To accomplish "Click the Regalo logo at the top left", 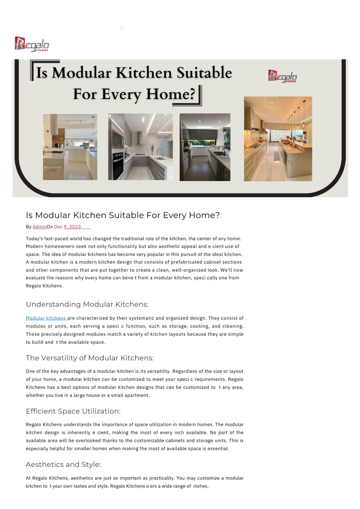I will tap(32, 44).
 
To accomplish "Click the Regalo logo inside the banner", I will tap(282, 76).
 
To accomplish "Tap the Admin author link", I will tap(40, 227).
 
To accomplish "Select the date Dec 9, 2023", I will tap(68, 227).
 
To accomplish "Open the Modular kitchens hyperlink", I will tap(46, 318).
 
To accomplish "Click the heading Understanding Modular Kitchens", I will tap(87, 304).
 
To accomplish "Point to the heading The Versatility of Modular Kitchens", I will tap(90, 358).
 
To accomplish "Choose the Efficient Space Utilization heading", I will tap(73, 411).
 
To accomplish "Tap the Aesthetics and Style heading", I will tap(63, 464).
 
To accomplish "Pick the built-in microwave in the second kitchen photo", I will tap(117, 139).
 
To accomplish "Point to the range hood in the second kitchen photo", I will tap(140, 139).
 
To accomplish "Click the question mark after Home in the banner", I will tap(192, 94).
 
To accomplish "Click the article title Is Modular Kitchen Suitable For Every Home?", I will tap(123, 215).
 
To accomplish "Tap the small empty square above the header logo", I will tap(122, 28).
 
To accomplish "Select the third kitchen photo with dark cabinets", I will tap(205, 147).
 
